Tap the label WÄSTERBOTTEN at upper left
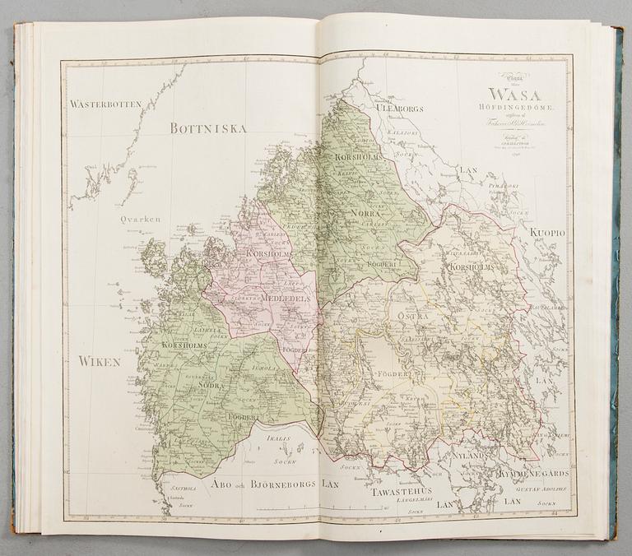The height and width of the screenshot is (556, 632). coord(106,104)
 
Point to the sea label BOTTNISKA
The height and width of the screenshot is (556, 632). coord(208,128)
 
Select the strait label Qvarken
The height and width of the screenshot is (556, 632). coord(137,220)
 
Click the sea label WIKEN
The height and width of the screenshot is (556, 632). coord(100,361)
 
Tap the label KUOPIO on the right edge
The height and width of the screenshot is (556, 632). coord(547,234)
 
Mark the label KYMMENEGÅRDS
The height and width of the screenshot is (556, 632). coord(532,474)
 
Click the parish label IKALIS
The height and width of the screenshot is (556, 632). coord(278,438)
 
